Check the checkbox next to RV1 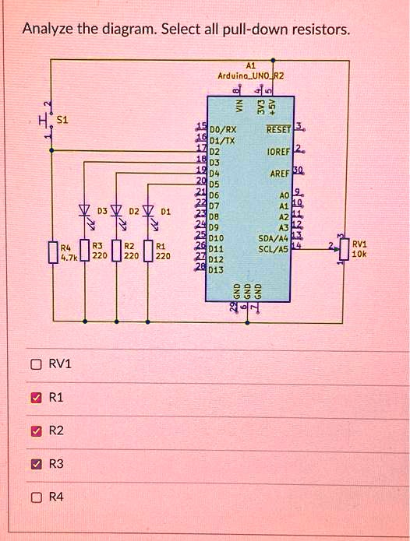(x=35, y=364)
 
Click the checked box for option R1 (x=35, y=398)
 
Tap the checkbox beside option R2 (x=35, y=431)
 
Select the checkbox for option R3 (x=35, y=465)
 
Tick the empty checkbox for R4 (x=35, y=498)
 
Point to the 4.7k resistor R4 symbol (x=52, y=253)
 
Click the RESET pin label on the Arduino (x=277, y=130)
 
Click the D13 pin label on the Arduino (x=216, y=270)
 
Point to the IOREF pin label (x=278, y=151)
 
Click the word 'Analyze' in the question (x=48, y=30)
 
